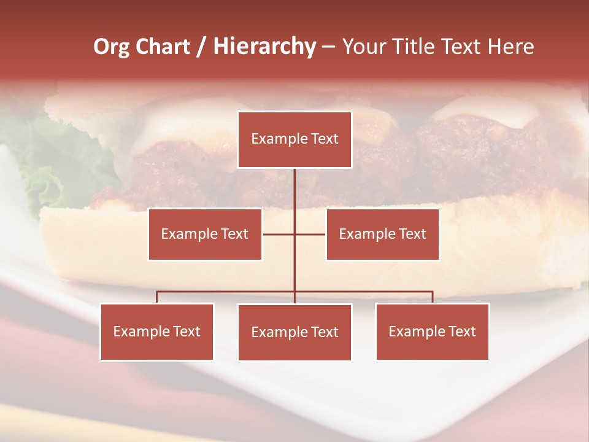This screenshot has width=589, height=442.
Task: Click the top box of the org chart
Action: pyautogui.click(x=294, y=139)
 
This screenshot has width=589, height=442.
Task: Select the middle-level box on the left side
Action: pyautogui.click(x=205, y=234)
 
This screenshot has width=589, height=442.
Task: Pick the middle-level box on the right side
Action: pyautogui.click(x=382, y=234)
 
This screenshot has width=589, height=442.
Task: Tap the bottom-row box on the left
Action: pyautogui.click(x=157, y=331)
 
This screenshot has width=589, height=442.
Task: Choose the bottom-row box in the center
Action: pyautogui.click(x=294, y=332)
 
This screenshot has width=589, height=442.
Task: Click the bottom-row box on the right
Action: pyautogui.click(x=432, y=331)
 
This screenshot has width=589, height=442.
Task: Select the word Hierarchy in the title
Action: pyautogui.click(x=264, y=47)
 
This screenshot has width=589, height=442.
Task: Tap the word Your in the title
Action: pyautogui.click(x=364, y=47)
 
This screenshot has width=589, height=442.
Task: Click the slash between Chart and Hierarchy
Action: pyautogui.click(x=201, y=47)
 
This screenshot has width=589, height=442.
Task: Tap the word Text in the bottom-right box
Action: pyautogui.click(x=462, y=331)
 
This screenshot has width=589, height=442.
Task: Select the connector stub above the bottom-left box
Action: pyautogui.click(x=157, y=297)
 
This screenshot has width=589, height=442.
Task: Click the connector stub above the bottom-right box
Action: pyautogui.click(x=432, y=297)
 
